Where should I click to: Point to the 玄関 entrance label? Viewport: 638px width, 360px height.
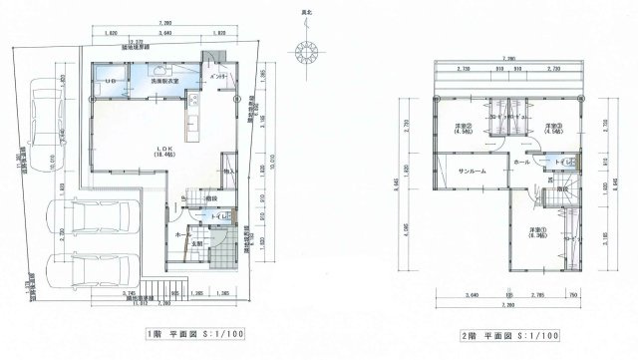point(198,242)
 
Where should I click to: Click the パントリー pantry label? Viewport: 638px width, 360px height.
point(220,77)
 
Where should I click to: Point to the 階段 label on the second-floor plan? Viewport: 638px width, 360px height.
point(563,188)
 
